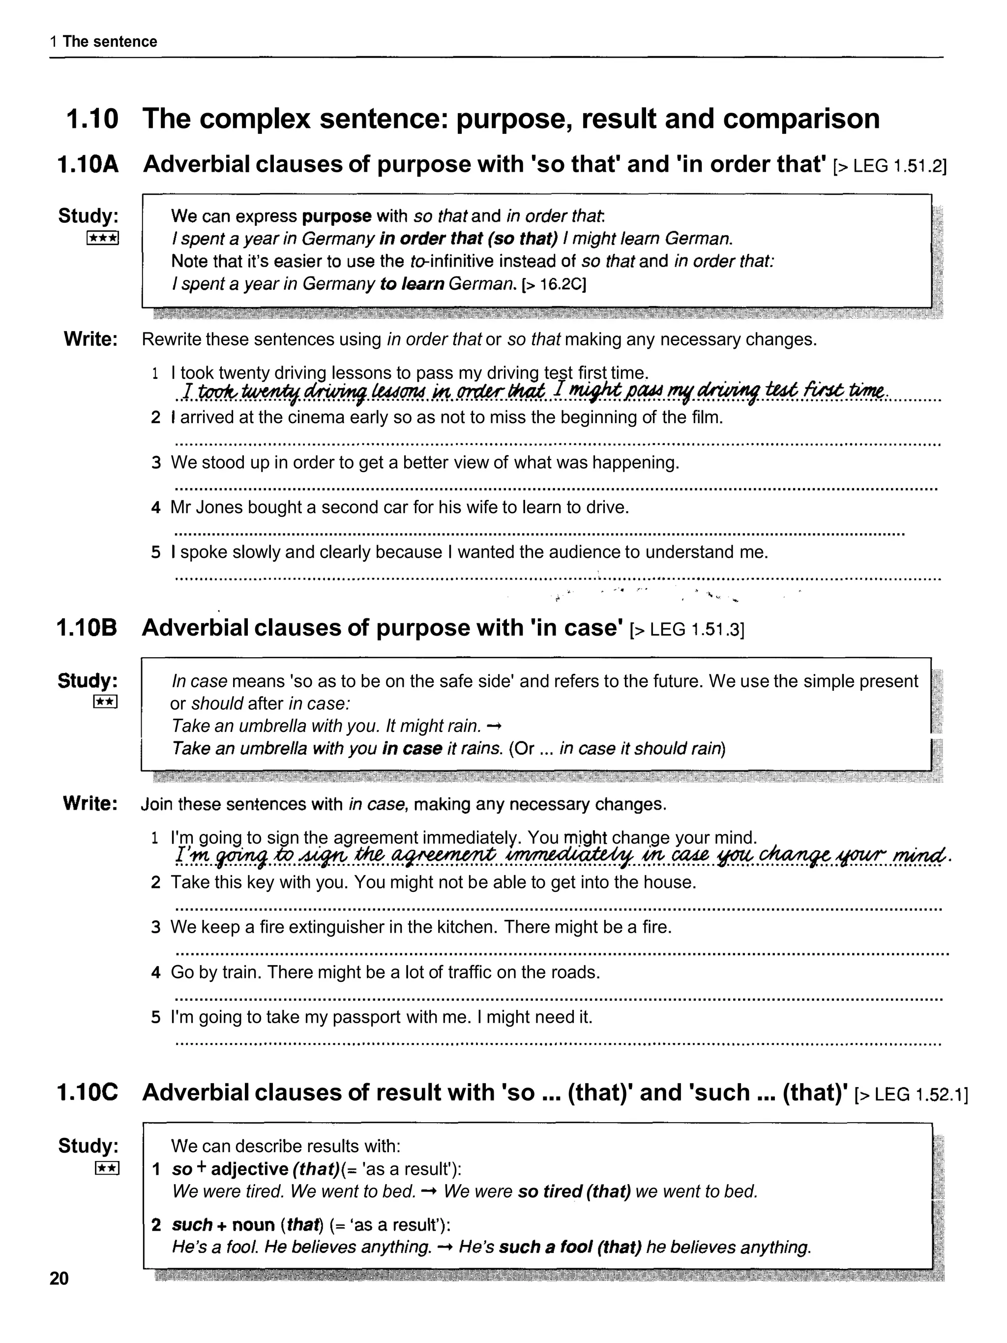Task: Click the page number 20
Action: click(59, 1279)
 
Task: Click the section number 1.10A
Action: click(88, 164)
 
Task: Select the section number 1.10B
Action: click(87, 628)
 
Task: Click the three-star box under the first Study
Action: click(103, 238)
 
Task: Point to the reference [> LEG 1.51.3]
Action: click(687, 630)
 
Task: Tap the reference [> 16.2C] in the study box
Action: click(554, 284)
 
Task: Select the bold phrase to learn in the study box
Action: click(412, 284)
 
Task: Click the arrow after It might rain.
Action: click(494, 726)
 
